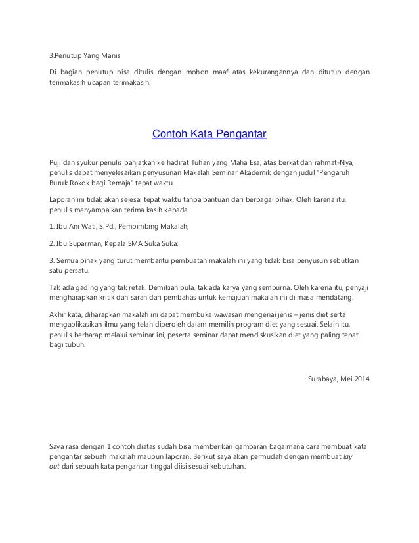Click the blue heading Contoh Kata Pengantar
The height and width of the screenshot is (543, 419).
pos(209,135)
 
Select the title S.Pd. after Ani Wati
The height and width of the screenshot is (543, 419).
pos(110,227)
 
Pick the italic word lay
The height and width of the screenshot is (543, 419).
pos(349,455)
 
